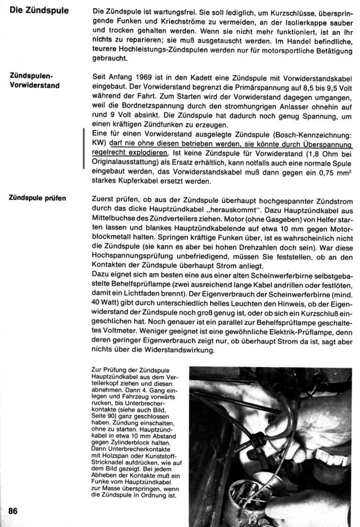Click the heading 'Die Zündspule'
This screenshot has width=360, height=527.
39,10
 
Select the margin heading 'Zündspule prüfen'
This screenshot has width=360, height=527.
37,198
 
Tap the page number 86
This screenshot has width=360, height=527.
13,511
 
